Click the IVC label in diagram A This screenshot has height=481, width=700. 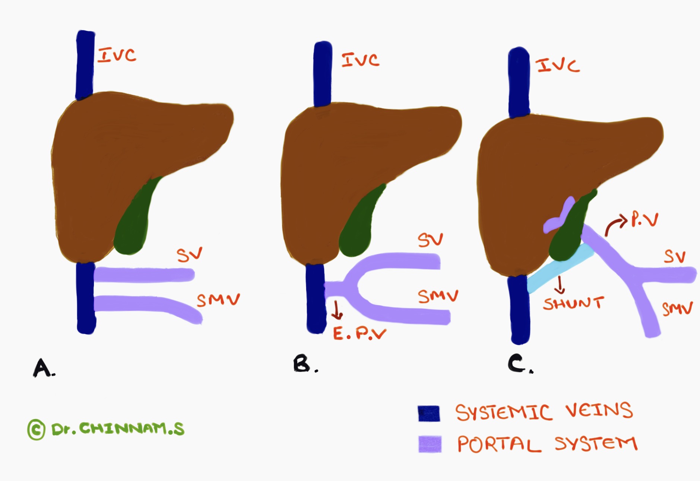[117, 56]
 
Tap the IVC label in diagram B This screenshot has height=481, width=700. [361, 60]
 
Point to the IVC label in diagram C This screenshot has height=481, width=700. [558, 66]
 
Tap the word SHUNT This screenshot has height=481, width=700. [573, 303]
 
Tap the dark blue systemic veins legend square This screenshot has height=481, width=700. [429, 413]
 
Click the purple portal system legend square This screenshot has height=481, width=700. [430, 444]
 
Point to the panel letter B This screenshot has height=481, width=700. [302, 364]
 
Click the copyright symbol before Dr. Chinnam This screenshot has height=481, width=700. [37, 430]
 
